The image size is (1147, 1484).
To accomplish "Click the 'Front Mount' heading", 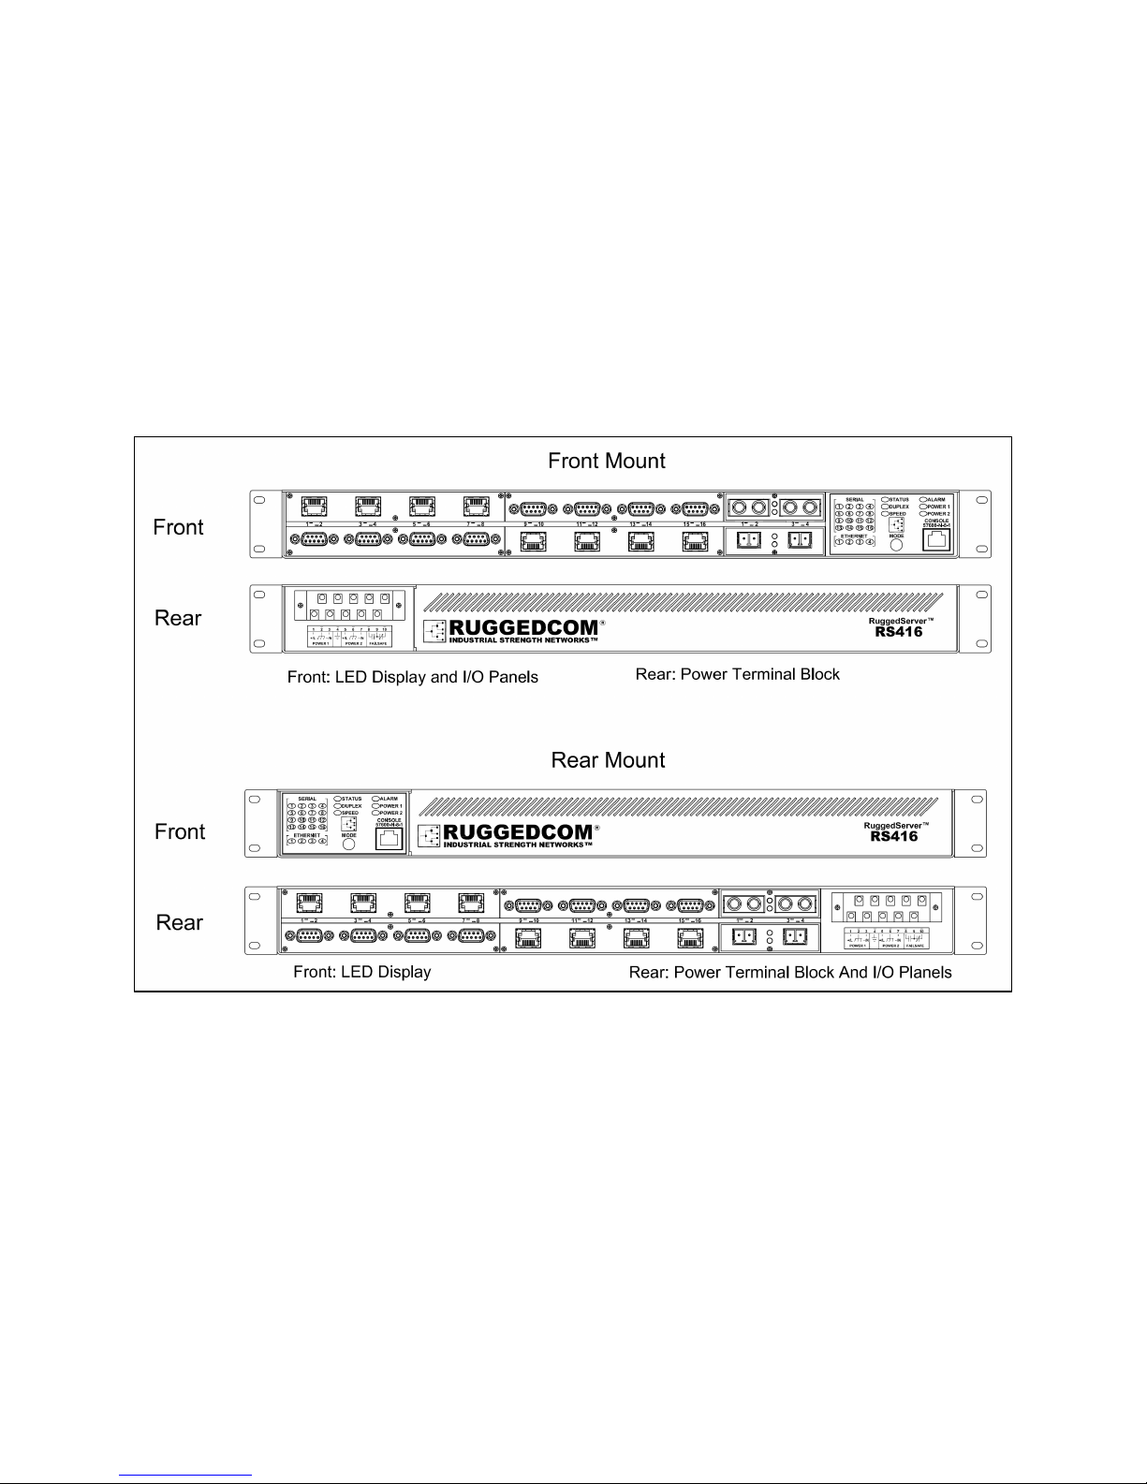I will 606,461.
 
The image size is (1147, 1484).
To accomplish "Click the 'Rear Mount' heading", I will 608,760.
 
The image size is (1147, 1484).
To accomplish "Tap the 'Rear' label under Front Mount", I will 178,618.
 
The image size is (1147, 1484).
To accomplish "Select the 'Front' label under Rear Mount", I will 179,831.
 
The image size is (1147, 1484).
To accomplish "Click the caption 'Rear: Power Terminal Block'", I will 737,674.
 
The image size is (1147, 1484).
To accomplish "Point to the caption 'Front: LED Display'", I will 361,972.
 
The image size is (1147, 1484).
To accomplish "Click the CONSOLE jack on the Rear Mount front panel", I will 389,838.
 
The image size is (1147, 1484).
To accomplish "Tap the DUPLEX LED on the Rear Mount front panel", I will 338,806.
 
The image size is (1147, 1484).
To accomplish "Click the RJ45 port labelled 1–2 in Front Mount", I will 314,507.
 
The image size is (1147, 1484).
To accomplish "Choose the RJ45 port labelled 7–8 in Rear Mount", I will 470,903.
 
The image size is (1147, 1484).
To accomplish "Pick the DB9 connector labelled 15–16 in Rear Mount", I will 691,905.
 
